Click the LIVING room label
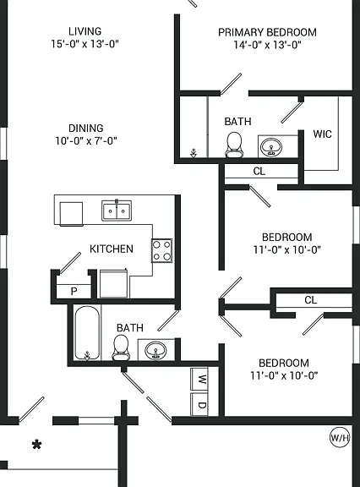pos(85,31)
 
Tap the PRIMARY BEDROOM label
pos(267,32)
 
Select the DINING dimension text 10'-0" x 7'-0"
pos(86,141)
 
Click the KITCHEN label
pos(111,249)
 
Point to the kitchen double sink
pos(117,211)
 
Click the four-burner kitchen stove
pos(161,250)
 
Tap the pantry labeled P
pos(74,292)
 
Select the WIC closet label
pos(322,134)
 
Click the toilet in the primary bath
pos(234,145)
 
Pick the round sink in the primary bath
pos(271,146)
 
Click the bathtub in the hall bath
pos(87,333)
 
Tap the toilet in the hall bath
pos(121,347)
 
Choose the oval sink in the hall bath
pos(155,350)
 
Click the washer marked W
pos(199,379)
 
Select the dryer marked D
pos(199,404)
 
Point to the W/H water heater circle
pos(340,438)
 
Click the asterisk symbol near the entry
pos(36,445)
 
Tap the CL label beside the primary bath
pos(259,171)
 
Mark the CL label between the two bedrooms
pos(310,300)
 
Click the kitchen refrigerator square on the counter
pos(71,214)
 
